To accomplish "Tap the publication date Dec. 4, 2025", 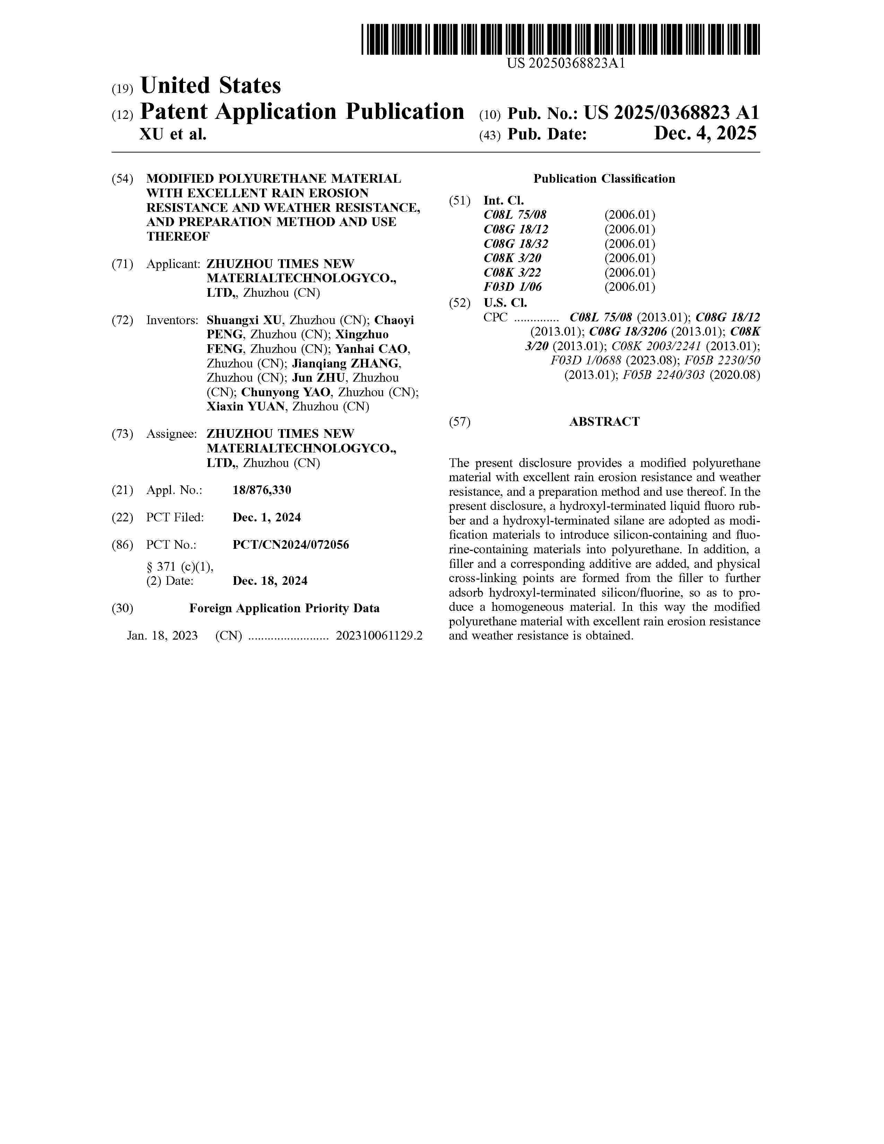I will tap(705, 134).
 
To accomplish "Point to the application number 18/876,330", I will tap(262, 490).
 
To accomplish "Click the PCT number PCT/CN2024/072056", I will tap(291, 545).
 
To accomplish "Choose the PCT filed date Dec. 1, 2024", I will tap(267, 518).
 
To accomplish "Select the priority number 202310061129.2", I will tap(379, 636).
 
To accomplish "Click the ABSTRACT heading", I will tap(604, 422).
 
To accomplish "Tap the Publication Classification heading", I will tap(604, 179).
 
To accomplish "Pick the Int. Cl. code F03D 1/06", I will tap(513, 287).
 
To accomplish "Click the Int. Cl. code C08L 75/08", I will tap(515, 215).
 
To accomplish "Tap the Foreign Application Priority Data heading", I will tap(284, 609).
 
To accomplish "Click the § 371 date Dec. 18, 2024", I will tap(270, 581).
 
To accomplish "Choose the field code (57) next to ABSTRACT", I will tap(460, 422).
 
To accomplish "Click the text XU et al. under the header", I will tap(173, 135).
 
